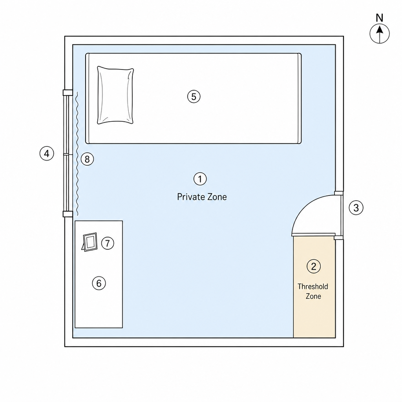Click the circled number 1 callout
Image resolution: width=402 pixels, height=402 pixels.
point(200,179)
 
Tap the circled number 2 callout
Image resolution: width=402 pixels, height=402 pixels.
point(314,267)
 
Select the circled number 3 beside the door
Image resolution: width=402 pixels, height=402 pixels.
point(356,208)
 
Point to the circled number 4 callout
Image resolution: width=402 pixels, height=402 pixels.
point(47,153)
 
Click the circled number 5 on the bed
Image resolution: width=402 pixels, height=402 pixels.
point(194,97)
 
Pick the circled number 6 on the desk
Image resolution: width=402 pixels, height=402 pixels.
point(99,283)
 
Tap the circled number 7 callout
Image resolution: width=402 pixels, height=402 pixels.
point(108,243)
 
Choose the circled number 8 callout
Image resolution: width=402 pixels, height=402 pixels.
point(87,159)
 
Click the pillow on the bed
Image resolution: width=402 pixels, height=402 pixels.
point(115,95)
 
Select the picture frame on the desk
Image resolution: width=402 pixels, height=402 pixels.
point(90,242)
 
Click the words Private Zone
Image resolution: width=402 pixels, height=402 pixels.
point(202,197)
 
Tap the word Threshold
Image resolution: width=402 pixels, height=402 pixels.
point(313,286)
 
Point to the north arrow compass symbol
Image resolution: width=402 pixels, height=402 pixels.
point(380,34)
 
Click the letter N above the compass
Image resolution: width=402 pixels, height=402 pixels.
point(380,18)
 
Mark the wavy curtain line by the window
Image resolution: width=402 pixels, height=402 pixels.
point(77,154)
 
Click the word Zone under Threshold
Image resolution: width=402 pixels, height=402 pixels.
point(313,296)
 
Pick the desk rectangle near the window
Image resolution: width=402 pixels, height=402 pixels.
point(99,274)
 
